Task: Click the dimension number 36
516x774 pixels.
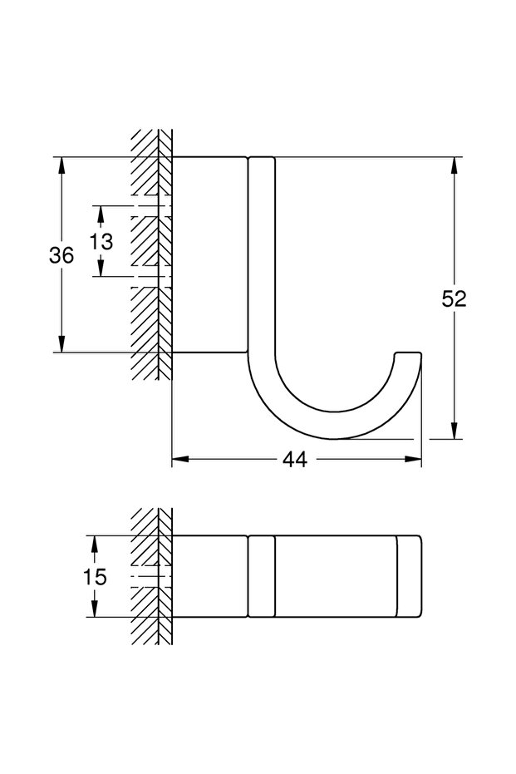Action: click(61, 255)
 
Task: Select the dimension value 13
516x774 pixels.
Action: click(101, 241)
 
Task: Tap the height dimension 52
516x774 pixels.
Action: click(454, 298)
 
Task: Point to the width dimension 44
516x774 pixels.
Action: click(294, 459)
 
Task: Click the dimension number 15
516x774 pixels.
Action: click(95, 576)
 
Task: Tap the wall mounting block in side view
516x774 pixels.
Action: click(209, 254)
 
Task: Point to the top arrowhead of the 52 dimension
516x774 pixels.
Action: click(454, 165)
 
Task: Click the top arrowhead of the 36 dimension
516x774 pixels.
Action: click(61, 165)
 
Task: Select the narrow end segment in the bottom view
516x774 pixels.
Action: click(409, 576)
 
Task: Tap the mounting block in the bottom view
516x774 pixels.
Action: click(209, 576)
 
